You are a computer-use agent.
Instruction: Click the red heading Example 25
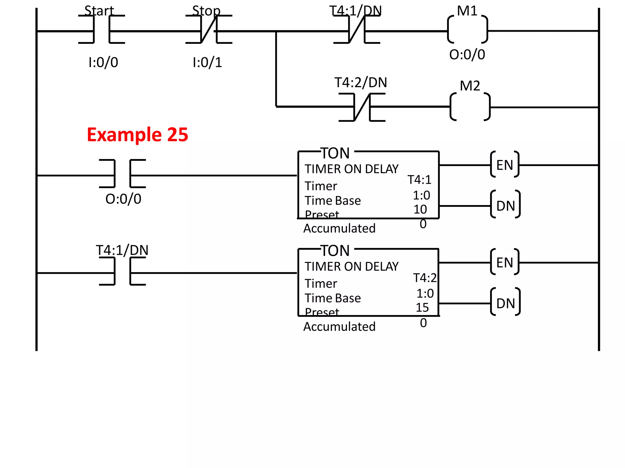coord(137,135)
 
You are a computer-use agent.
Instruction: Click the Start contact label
coord(99,11)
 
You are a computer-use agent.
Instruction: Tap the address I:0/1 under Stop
coord(207,62)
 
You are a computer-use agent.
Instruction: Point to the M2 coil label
coord(470,86)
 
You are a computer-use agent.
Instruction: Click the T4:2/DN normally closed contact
coord(362,107)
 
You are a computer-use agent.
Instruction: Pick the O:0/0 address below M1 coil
coord(467,55)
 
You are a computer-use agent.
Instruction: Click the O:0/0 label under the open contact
coord(123,199)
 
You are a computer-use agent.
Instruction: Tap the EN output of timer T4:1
coord(504,165)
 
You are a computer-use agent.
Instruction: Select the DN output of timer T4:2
coord(505,303)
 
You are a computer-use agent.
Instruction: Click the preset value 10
coord(420,209)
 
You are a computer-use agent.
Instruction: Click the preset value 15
coord(422,307)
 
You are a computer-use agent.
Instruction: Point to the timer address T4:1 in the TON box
coord(419,180)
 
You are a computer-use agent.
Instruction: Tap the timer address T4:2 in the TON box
coord(424,278)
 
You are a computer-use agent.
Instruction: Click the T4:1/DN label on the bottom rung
coord(122,250)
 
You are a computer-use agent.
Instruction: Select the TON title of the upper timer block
coord(335,153)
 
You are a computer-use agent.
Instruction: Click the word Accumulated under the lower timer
coord(339,327)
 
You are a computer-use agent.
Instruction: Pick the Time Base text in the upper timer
coord(333,201)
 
